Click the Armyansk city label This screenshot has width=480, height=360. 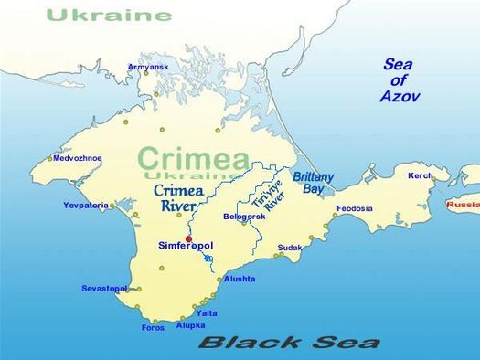148,67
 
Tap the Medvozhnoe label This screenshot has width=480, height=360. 78,158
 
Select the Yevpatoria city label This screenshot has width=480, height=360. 86,206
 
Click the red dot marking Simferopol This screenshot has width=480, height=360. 188,239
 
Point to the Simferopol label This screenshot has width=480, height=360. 187,247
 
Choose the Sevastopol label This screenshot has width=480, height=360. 104,289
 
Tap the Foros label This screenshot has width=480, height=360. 153,328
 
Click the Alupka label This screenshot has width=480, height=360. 191,325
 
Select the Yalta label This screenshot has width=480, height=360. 207,313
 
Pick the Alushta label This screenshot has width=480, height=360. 240,279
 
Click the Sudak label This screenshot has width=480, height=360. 290,248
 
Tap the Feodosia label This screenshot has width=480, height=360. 355,208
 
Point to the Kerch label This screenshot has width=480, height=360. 421,175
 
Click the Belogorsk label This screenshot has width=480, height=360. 243,217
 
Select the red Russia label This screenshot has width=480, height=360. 463,205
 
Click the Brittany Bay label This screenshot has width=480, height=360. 313,183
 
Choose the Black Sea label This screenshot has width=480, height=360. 289,343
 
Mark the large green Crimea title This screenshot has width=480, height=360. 195,157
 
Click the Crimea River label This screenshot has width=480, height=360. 177,198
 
